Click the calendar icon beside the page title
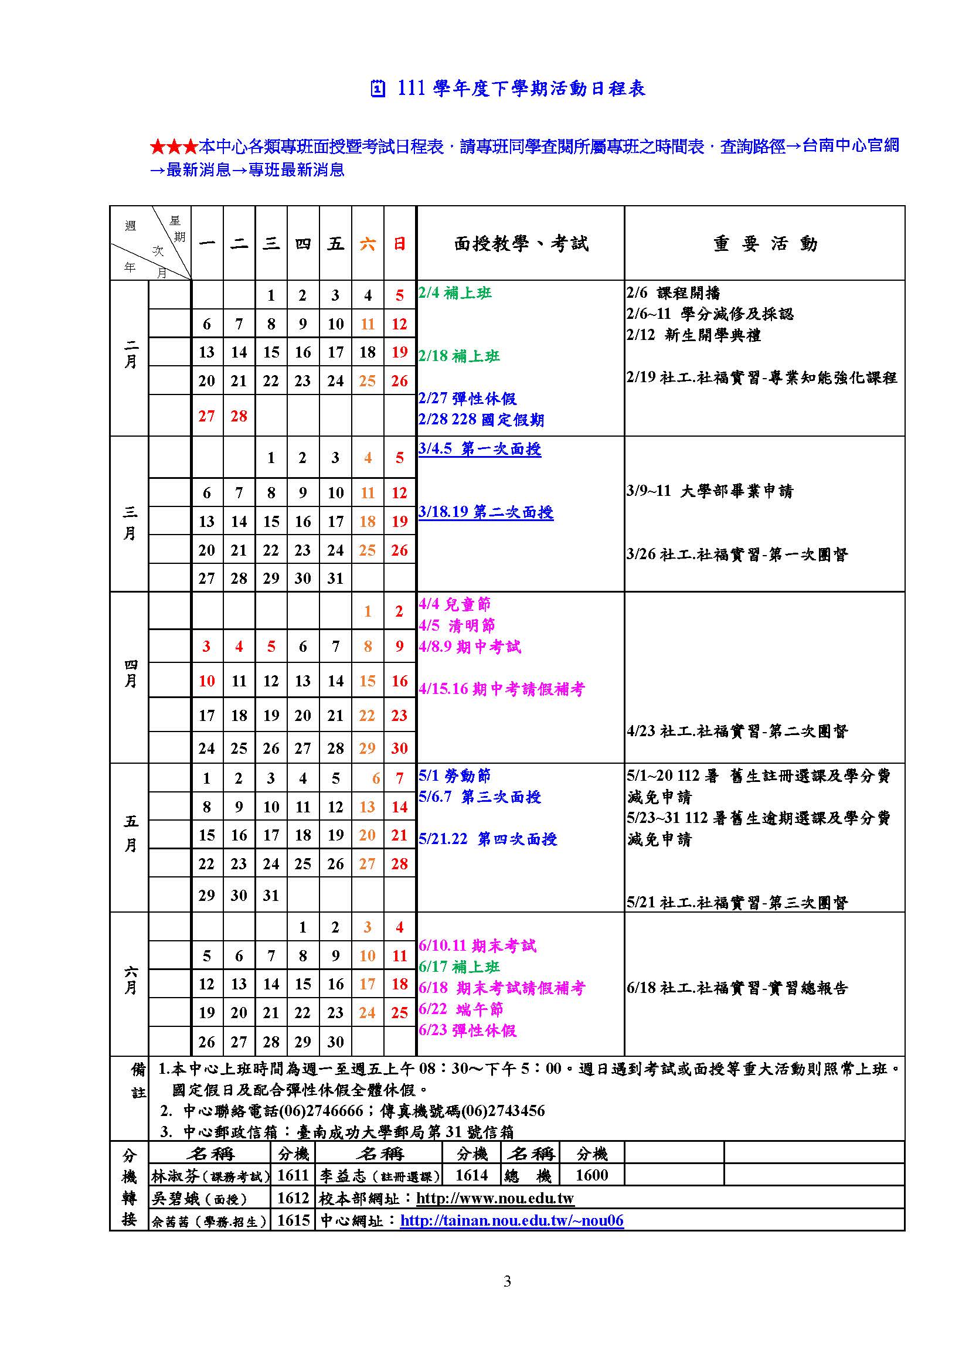378,89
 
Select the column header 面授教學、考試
521,244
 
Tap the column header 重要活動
765,244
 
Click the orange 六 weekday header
367,244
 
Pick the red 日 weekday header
399,244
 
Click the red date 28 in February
239,416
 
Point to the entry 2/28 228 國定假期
481,420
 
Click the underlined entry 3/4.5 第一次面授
480,449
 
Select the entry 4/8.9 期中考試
470,647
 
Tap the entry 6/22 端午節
461,1009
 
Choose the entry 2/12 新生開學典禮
693,335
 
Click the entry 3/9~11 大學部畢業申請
710,491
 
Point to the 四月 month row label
130,673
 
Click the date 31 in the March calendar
335,578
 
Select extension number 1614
472,1175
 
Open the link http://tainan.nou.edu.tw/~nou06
512,1220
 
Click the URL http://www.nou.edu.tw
495,1198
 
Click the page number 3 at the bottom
507,1281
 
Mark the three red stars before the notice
173,147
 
